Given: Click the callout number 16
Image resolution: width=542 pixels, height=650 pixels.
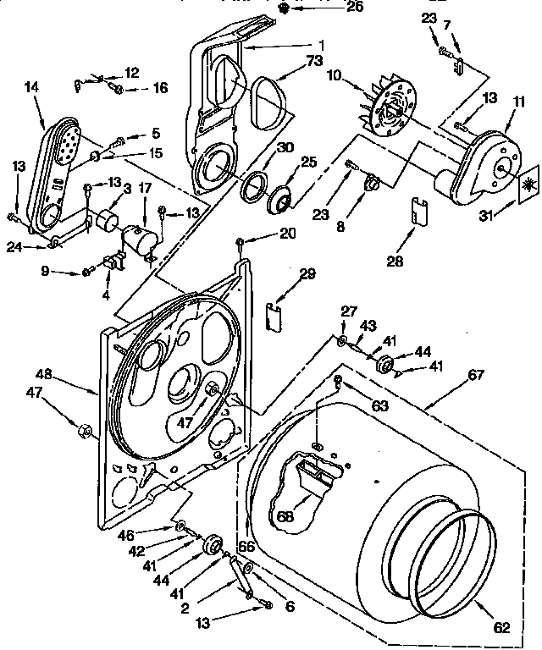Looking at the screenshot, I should click(x=135, y=88).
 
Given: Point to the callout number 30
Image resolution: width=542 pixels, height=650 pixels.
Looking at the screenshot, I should click(x=285, y=147).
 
